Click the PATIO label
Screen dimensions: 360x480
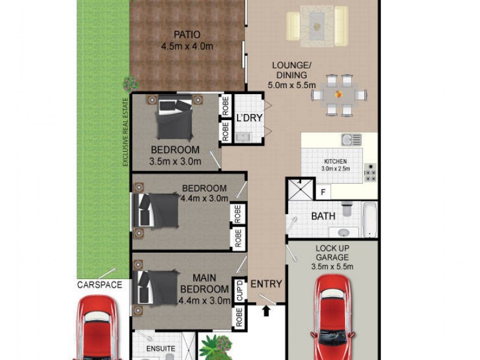tap(187, 34)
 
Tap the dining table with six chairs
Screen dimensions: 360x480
tap(339, 95)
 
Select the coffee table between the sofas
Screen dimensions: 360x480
tap(317, 26)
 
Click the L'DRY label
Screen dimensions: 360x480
tap(249, 118)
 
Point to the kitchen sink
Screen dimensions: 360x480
tap(351, 140)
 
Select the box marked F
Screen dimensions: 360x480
tap(323, 192)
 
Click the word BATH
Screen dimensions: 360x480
tap(322, 216)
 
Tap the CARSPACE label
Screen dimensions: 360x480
tap(99, 284)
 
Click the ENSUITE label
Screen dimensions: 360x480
tap(161, 349)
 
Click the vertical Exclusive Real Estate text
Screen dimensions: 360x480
tap(126, 132)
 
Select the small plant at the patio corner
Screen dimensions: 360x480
tap(128, 83)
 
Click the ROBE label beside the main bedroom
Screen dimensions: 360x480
tap(239, 317)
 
